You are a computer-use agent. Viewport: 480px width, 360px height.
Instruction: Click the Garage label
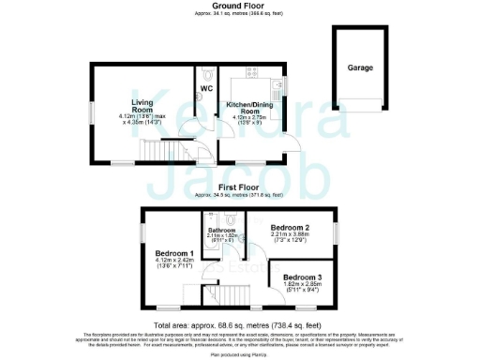click(x=360, y=67)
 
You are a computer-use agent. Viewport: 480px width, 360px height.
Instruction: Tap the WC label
click(x=204, y=90)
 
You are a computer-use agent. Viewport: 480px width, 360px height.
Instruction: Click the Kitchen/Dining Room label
click(x=244, y=109)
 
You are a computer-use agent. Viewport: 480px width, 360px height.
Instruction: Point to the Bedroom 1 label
click(x=173, y=253)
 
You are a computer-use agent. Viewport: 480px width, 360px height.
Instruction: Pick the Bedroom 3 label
click(x=302, y=278)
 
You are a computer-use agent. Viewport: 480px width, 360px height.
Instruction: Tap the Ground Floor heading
click(x=242, y=6)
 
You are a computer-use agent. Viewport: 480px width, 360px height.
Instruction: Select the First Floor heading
click(x=242, y=187)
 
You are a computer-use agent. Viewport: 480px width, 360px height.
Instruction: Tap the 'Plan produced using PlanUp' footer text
click(x=241, y=354)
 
